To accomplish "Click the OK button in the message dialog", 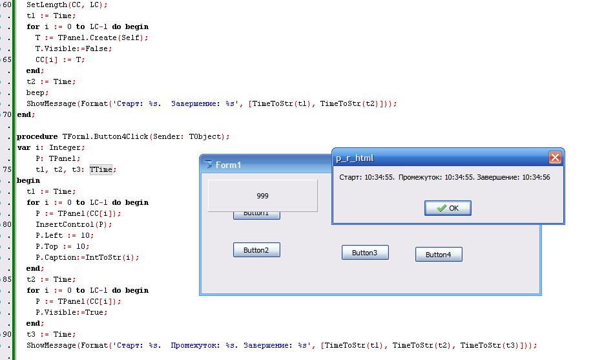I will [448, 208].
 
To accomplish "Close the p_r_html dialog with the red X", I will [554, 158].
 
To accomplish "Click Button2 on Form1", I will [256, 250].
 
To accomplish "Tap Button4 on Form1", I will [439, 255].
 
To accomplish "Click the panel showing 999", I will [262, 196].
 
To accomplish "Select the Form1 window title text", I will [229, 165].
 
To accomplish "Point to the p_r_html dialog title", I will [355, 158].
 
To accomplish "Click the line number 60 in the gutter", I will [6, 5].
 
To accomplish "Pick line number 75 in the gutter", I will [6, 169].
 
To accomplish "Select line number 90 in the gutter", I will [6, 334].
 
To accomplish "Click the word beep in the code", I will [37, 92].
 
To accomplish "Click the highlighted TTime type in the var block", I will [101, 169].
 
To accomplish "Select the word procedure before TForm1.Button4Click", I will [37, 136].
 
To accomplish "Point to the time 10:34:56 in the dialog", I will [536, 177].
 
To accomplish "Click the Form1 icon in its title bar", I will [208, 164].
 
